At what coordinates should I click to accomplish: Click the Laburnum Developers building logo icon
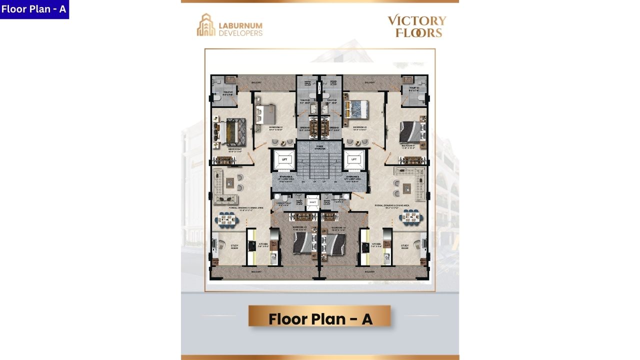point(205,25)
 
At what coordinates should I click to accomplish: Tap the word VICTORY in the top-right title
point(417,21)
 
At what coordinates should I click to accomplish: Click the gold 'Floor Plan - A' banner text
point(320,319)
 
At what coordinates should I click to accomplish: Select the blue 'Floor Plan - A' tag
point(34,9)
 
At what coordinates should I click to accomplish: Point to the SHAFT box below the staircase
point(312,202)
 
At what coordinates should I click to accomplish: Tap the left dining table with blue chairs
point(228,218)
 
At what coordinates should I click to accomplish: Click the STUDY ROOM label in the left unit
point(234,246)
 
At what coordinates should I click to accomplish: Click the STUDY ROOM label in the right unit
point(405,246)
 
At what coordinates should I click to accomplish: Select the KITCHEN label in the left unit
point(263,245)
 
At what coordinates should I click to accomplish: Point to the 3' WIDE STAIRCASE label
point(320,147)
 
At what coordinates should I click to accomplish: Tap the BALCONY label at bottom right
point(369,271)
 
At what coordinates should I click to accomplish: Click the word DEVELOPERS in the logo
point(240,33)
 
